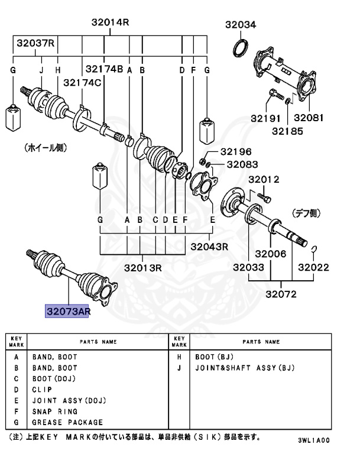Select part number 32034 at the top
(x=241, y=24)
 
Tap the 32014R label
(x=110, y=22)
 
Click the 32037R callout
(x=35, y=43)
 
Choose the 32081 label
(x=309, y=118)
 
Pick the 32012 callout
(x=264, y=179)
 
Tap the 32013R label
(x=141, y=267)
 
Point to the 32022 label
(x=313, y=267)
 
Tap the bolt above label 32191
(x=273, y=95)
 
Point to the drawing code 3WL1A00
(x=314, y=440)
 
